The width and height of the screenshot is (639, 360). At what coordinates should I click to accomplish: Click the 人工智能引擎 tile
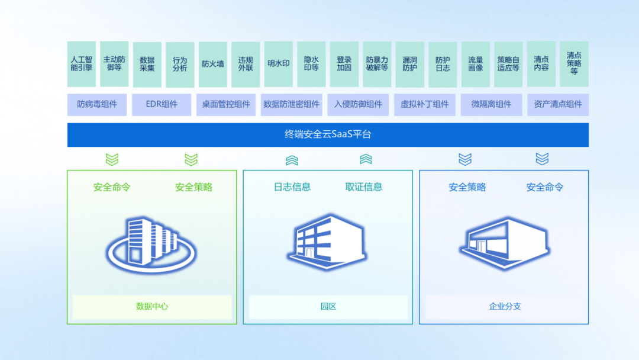[82, 64]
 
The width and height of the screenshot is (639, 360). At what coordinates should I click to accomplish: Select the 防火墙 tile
[213, 64]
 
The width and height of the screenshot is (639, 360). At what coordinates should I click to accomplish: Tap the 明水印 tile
[279, 64]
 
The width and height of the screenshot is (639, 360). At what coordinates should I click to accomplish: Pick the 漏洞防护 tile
[409, 64]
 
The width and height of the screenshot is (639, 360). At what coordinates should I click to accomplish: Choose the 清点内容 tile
[541, 64]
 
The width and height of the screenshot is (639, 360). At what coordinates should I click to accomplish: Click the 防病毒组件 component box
[97, 104]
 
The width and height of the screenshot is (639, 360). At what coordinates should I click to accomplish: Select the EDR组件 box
[162, 104]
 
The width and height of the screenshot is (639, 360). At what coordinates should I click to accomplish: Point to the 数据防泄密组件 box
[292, 104]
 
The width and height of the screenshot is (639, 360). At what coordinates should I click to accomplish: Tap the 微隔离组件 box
[491, 104]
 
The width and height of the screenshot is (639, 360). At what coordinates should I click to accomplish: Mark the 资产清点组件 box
[558, 104]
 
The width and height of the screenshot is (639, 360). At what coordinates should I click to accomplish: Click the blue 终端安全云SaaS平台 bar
[328, 135]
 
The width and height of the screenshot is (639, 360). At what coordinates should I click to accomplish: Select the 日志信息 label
[292, 187]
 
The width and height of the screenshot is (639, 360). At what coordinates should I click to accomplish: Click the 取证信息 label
[364, 187]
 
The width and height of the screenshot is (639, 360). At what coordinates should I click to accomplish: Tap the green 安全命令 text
[112, 187]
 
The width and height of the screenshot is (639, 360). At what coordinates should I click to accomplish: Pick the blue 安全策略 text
[467, 187]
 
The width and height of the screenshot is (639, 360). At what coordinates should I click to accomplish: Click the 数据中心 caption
[152, 307]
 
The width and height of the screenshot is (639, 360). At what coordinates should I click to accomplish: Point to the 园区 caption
[328, 307]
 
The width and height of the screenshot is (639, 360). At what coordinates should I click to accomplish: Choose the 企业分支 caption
[505, 307]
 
